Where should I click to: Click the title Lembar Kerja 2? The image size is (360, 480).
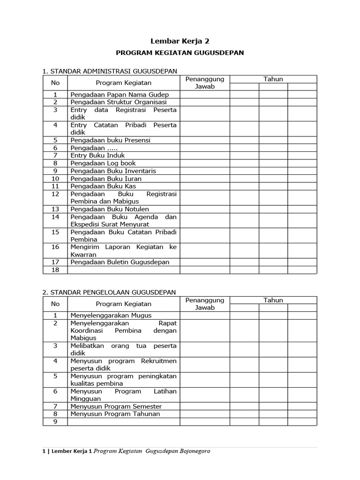coord(180,41)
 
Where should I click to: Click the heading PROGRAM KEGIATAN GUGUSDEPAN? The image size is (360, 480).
coord(180,53)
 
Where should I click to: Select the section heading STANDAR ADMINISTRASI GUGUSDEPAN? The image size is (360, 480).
coord(110,71)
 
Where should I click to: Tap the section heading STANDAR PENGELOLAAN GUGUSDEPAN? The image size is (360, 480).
coord(109,292)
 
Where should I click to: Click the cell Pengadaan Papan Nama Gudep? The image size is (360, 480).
coord(119,94)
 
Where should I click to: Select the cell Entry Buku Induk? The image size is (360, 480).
coord(97,155)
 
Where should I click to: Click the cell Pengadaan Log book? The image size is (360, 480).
coord(103,163)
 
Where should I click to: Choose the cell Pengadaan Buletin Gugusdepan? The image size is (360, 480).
coord(120,262)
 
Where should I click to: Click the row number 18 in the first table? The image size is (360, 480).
coord(55,270)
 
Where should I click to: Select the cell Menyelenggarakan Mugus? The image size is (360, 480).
coord(111,315)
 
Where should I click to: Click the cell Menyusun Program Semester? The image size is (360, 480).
coord(116,406)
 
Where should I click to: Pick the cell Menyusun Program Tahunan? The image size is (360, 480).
coord(115,414)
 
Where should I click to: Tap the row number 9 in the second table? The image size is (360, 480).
coord(55,422)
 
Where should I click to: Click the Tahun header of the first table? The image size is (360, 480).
coord(273,79)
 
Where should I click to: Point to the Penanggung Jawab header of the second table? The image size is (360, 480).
coord(205,304)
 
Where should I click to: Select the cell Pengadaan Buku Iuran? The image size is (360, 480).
coord(106,179)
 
